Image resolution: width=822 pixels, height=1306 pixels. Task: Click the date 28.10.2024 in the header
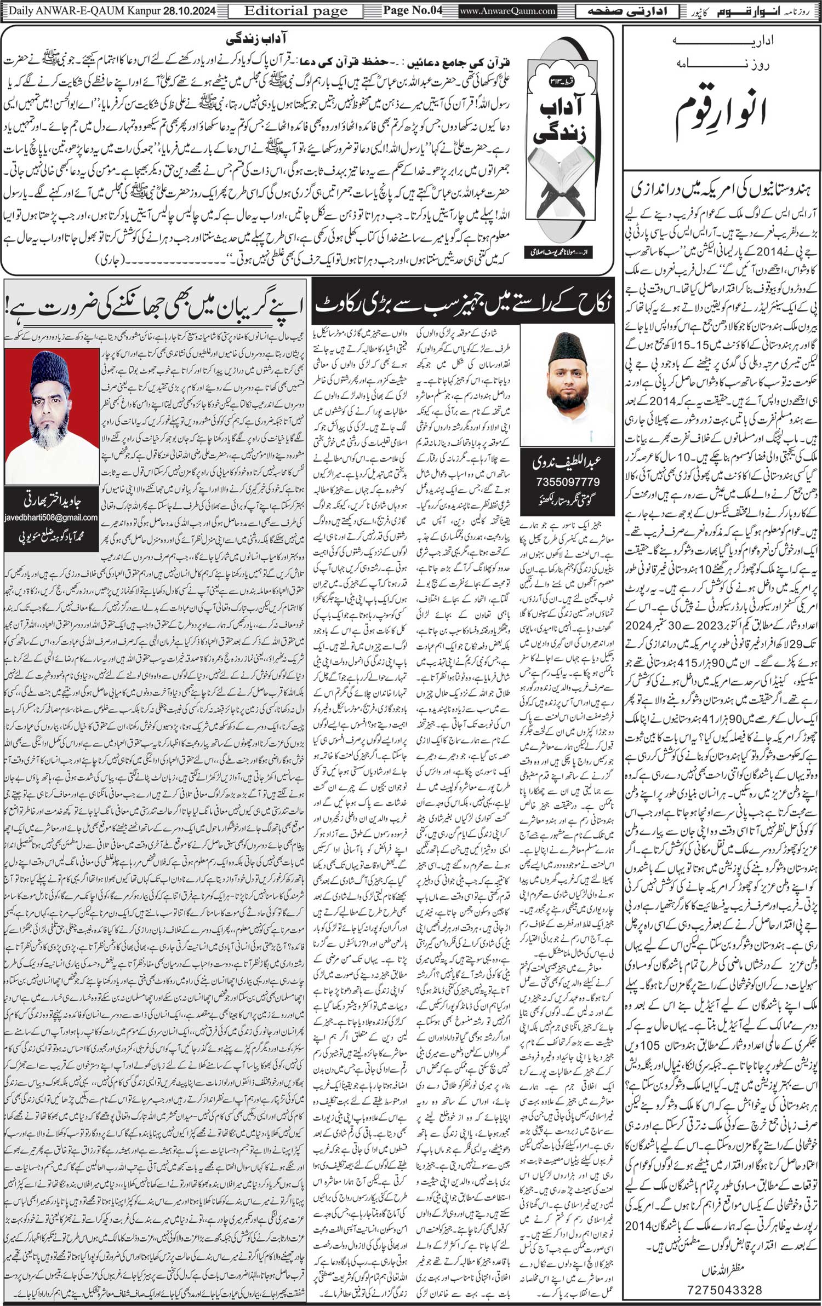pos(185,10)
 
